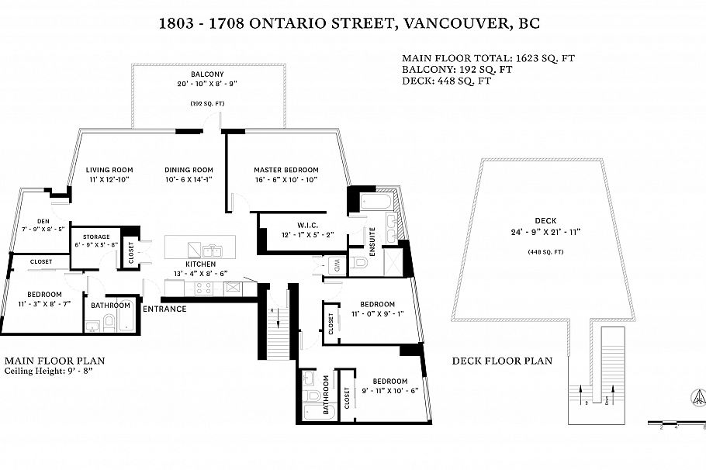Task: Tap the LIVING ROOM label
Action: [x=109, y=170]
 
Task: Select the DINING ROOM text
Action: [x=189, y=170]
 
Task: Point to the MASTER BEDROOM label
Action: [x=286, y=170]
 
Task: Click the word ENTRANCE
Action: [x=164, y=309]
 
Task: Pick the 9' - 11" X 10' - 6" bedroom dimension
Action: [x=390, y=390]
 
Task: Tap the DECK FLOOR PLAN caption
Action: [x=502, y=361]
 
